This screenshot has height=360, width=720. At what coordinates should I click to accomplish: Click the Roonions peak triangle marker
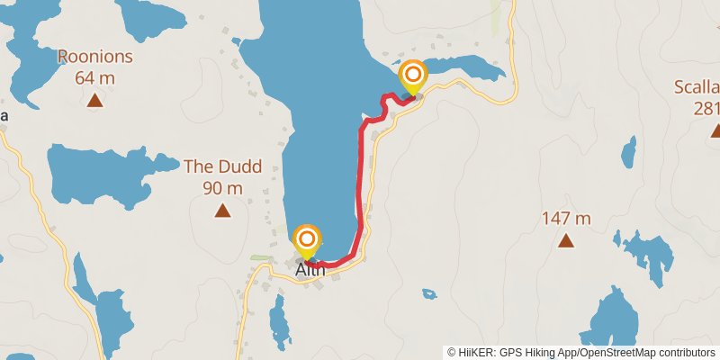pos(94,100)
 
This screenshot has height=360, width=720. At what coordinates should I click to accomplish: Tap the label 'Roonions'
pos(94,58)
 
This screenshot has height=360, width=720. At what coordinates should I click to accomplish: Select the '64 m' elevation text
pos(94,78)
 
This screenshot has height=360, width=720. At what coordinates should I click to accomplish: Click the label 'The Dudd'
pos(222,166)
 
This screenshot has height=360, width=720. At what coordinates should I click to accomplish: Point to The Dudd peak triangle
pos(222,211)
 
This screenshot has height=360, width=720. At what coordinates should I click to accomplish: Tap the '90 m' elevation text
pos(222,188)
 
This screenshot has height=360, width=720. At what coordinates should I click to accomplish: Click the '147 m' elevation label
pos(566,218)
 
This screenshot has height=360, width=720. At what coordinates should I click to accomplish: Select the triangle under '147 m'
pos(566,240)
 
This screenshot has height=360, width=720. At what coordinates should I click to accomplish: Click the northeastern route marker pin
pos(413,76)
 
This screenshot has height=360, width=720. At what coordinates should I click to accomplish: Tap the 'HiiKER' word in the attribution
pos(478,352)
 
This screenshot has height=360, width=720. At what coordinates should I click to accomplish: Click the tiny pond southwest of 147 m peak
pos(429,293)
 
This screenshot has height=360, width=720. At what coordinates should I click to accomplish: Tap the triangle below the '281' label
pos(715,131)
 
